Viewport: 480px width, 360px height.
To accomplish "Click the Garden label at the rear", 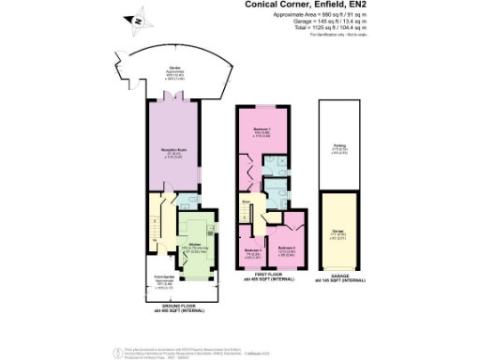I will click(x=173, y=70).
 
